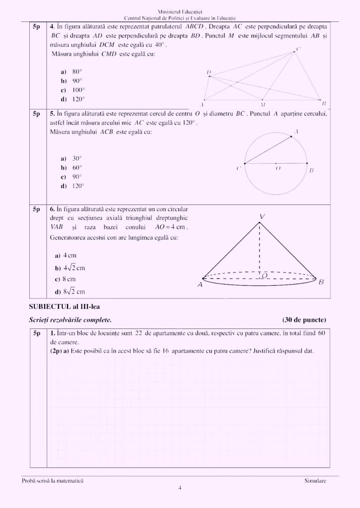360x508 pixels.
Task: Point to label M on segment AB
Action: tap(263, 105)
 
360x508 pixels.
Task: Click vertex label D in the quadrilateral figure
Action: tap(209, 72)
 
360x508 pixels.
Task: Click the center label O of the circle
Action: tap(278, 169)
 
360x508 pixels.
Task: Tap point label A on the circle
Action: tap(296, 131)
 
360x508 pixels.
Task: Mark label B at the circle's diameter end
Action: tap(311, 170)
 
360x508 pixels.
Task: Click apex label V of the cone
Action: tap(262, 217)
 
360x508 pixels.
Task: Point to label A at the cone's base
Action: tap(200, 285)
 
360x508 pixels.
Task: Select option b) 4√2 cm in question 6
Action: tap(71, 268)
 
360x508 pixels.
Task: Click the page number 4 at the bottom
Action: tap(180, 488)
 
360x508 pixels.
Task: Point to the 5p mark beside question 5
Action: tap(36, 114)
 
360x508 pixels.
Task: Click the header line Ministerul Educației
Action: tap(180, 11)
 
